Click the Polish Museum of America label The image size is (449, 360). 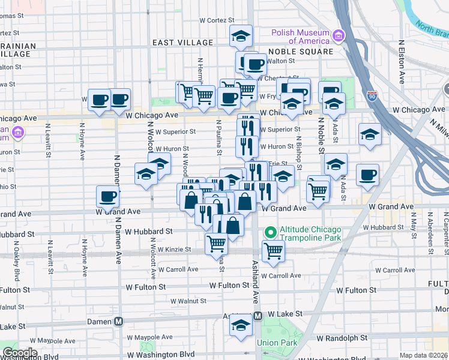(300, 37)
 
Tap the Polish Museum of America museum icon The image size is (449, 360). (339, 37)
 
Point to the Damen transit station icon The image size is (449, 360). (119, 322)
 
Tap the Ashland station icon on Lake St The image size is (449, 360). (258, 316)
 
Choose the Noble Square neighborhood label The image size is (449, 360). (301, 52)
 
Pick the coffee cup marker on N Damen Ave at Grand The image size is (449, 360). (108, 196)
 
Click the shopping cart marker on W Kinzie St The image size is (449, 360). (216, 243)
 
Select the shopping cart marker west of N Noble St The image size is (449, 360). (318, 191)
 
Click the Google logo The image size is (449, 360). (20, 353)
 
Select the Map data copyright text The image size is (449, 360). (423, 355)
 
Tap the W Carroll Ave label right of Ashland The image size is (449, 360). (280, 275)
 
